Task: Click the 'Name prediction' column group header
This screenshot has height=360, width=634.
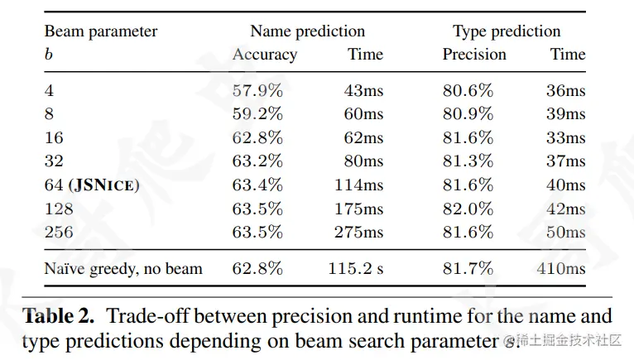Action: [x=307, y=31]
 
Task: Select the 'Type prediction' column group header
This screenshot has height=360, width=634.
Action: [x=506, y=31]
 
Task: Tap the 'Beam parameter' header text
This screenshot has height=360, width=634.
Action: [x=100, y=31]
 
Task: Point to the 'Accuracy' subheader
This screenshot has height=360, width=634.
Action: [x=264, y=55]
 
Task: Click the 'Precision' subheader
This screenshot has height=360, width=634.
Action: [x=473, y=55]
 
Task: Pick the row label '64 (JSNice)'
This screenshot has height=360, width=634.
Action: [x=91, y=185]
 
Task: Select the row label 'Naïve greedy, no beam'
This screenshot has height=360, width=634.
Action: [x=122, y=268]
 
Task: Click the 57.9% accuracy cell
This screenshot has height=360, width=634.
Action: [x=257, y=90]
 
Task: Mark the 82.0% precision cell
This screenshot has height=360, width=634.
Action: [x=468, y=209]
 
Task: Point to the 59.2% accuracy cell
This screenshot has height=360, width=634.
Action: [x=257, y=113]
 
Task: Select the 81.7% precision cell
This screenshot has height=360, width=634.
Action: [x=468, y=268]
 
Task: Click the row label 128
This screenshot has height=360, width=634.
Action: [x=58, y=209]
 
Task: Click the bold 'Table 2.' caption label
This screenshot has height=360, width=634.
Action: [x=61, y=316]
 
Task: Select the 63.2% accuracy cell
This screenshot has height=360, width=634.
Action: [x=257, y=161]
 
